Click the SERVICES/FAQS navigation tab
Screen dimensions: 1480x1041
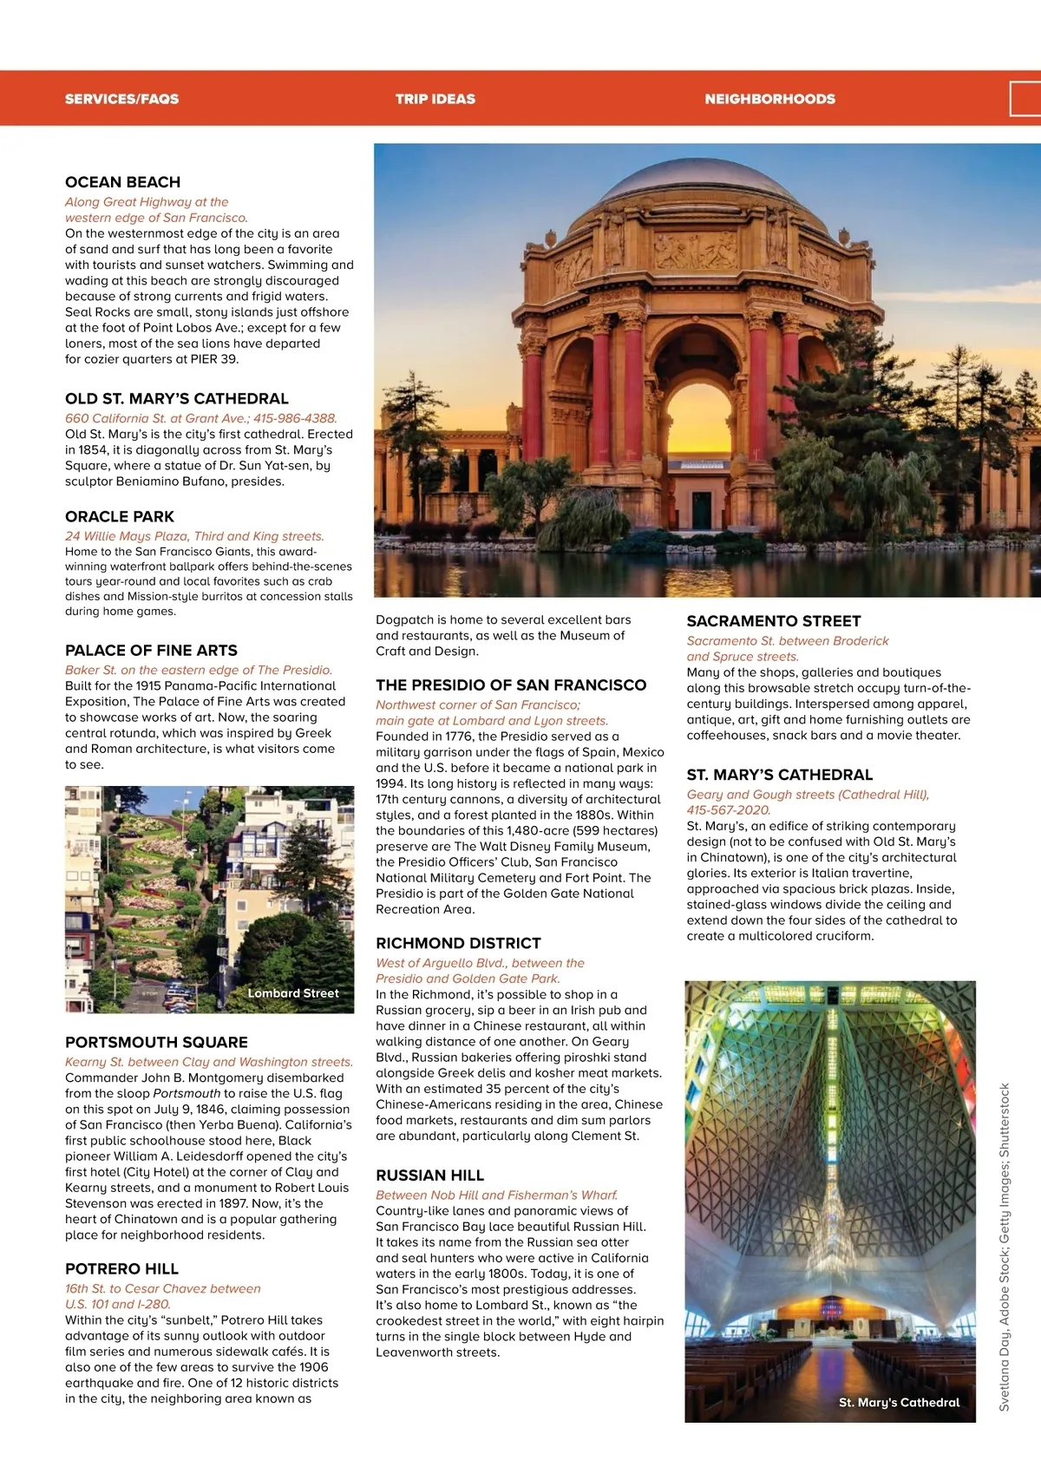point(121,99)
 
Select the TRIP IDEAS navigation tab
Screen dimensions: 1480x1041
point(435,99)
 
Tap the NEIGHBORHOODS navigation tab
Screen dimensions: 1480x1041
point(769,99)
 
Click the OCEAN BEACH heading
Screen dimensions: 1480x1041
point(123,182)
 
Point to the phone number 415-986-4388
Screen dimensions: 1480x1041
point(295,418)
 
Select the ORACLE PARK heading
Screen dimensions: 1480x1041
point(120,516)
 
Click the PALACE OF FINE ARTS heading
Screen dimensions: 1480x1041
point(151,651)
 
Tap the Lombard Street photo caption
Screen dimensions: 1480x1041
point(293,993)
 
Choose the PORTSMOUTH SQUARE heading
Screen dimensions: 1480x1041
point(156,1042)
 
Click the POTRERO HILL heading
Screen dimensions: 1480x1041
point(121,1269)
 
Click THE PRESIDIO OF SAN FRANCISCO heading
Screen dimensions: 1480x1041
point(511,685)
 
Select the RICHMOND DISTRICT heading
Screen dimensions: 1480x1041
point(458,943)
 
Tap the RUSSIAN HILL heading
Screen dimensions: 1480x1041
point(429,1175)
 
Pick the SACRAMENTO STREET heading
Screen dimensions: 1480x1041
point(774,621)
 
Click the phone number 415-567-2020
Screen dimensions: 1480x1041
point(728,810)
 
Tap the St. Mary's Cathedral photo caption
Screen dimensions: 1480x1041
point(899,1402)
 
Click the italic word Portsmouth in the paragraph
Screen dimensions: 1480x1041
point(187,1093)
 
